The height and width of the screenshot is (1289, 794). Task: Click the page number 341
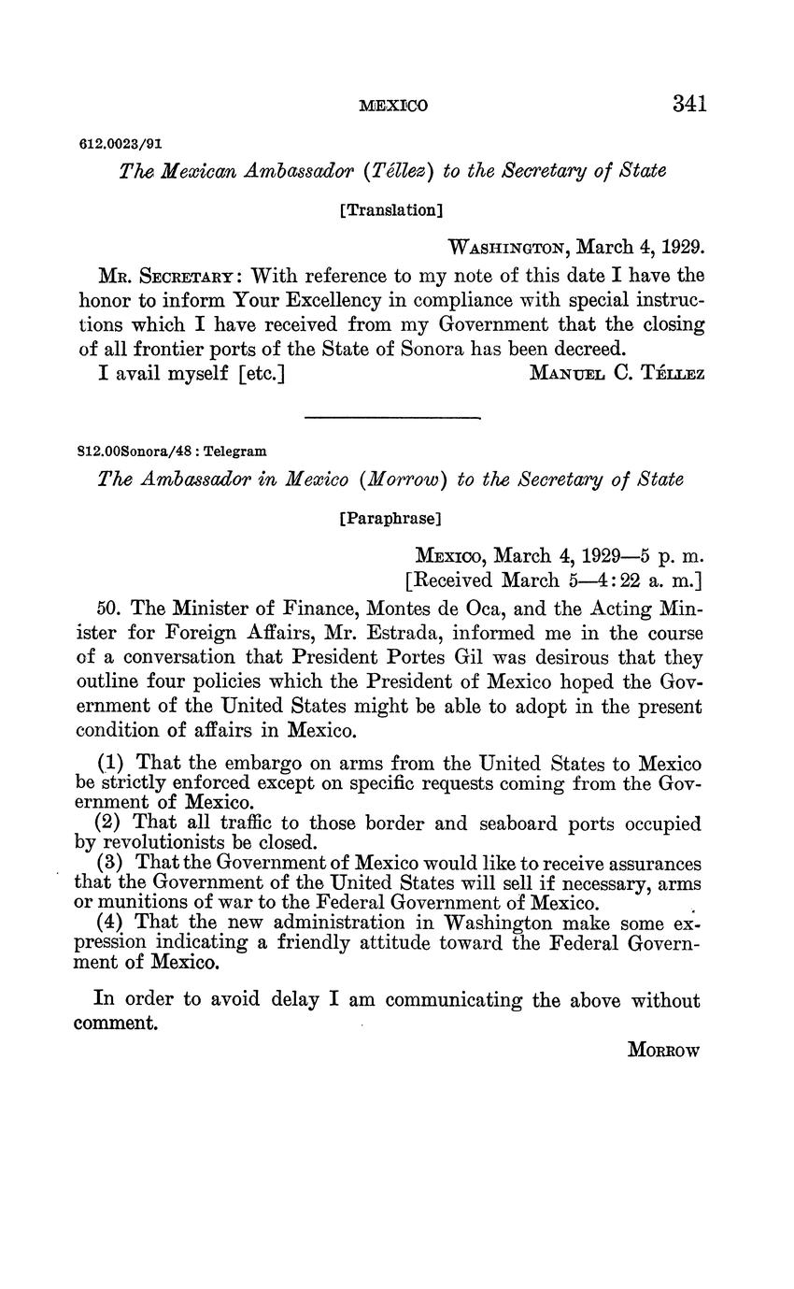click(688, 104)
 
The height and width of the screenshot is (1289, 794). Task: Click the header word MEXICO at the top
click(393, 106)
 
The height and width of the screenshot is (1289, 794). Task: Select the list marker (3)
click(111, 865)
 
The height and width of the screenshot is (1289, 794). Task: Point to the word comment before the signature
click(116, 1024)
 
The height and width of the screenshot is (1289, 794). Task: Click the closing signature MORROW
click(663, 1050)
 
